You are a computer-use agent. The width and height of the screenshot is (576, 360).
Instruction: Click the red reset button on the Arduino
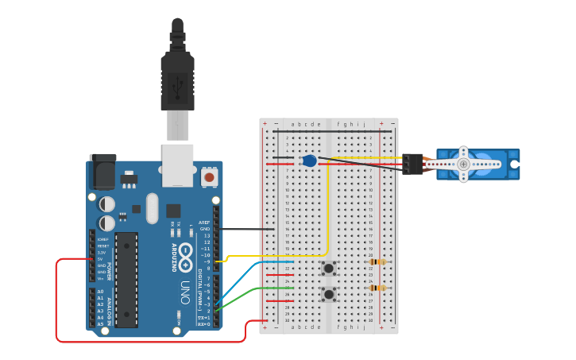click(x=210, y=177)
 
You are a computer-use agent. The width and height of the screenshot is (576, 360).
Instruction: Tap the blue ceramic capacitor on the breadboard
click(x=310, y=161)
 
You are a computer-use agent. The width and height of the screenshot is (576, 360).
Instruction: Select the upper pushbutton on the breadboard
click(x=328, y=269)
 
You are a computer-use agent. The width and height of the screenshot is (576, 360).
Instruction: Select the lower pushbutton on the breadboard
click(x=328, y=295)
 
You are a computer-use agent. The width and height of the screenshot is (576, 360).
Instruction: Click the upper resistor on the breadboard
click(x=377, y=262)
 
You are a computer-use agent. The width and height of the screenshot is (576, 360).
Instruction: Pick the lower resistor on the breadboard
click(x=377, y=288)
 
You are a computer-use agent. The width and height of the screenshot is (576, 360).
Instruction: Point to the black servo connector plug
click(x=412, y=164)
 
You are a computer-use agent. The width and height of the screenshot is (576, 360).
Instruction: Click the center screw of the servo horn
click(x=463, y=164)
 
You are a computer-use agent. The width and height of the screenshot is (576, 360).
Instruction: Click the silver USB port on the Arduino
click(x=177, y=165)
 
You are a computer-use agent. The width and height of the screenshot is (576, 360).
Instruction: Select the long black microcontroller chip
click(x=126, y=280)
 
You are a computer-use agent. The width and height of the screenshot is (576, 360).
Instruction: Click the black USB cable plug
click(x=177, y=79)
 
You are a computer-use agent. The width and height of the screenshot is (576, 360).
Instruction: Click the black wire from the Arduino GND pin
click(x=246, y=229)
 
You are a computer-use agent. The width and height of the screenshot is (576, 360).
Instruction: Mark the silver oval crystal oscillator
click(x=153, y=209)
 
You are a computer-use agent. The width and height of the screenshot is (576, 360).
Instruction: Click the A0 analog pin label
click(x=100, y=292)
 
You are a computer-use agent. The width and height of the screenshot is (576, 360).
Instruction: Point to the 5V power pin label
click(x=100, y=259)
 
